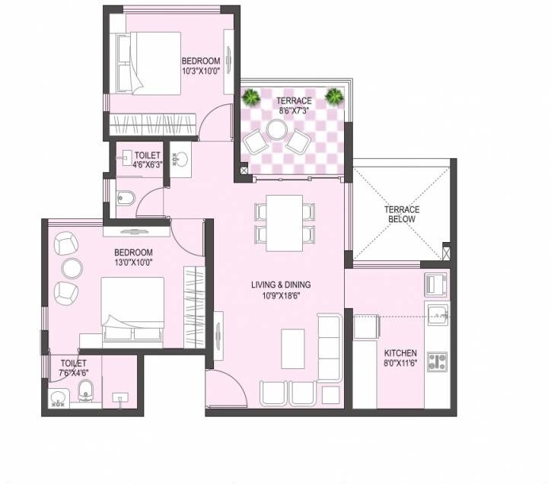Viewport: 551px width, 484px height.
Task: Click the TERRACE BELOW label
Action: click(x=401, y=215)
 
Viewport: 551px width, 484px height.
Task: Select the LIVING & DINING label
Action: click(x=281, y=285)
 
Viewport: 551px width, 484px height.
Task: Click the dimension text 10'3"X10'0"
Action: click(x=201, y=72)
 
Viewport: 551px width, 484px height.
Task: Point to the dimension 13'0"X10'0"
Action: click(x=133, y=263)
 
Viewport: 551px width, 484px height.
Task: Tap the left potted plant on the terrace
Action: click(x=250, y=96)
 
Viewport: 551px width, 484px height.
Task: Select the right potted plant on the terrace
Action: click(x=333, y=95)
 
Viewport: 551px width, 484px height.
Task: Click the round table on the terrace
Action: click(x=276, y=130)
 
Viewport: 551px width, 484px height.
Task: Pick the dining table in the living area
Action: click(x=285, y=222)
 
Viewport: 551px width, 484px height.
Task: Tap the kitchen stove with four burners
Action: click(x=437, y=361)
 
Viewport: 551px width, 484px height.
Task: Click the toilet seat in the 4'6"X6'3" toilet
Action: click(x=127, y=199)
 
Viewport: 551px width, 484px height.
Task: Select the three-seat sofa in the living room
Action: click(x=330, y=347)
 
